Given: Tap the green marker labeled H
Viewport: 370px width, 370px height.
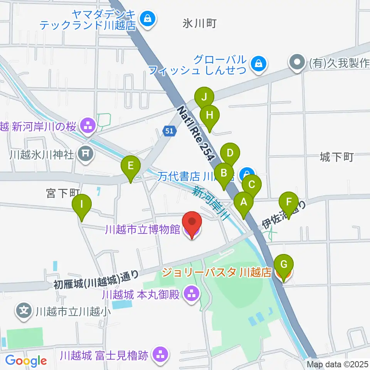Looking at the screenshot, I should tap(210, 115).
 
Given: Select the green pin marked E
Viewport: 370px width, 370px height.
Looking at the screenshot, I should tap(130, 166).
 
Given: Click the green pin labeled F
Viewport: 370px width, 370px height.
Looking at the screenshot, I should tap(289, 202).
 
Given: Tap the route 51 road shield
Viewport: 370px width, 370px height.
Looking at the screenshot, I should tap(170, 131).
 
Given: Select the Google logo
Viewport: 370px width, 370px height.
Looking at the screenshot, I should tap(26, 361).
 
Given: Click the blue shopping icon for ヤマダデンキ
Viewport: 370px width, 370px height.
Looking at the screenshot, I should tap(147, 18).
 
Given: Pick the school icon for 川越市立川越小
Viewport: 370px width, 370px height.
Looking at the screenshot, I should tap(24, 310).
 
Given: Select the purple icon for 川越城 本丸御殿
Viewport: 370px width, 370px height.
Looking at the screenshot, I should tap(192, 294).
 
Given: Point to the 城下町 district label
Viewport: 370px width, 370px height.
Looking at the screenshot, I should tap(336, 157).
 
